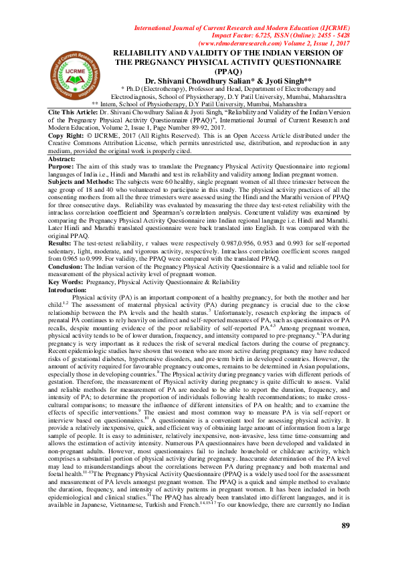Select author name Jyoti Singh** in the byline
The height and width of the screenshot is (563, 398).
pos(280,80)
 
